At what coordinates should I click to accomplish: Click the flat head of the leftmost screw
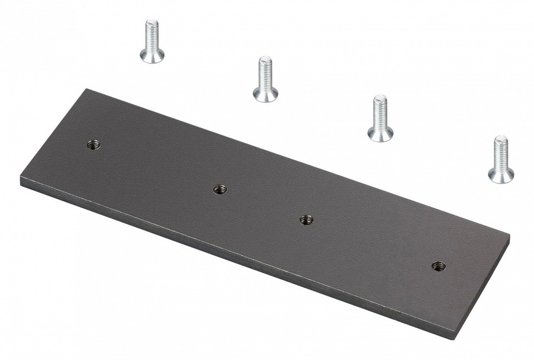coord(152,56)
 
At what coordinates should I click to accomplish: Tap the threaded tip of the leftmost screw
coord(152,24)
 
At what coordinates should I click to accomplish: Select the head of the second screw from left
coord(265,95)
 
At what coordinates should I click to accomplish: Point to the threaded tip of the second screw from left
coord(265,60)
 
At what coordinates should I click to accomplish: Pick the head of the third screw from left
coord(380,134)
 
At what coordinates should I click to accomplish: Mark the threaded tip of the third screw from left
coord(380,99)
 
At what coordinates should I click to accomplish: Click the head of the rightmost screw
coord(501,176)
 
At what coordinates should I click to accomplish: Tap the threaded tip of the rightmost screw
coord(501,139)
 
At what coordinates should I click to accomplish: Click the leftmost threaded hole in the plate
coord(93,145)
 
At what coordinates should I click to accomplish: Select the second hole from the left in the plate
coord(220,190)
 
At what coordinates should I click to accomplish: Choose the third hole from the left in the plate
coord(306,220)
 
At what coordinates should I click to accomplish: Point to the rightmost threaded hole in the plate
coord(438,267)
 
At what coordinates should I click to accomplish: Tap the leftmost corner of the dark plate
coord(22,179)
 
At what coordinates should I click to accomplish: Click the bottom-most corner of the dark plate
coord(457,338)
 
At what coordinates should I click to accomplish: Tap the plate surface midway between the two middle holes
coord(263,205)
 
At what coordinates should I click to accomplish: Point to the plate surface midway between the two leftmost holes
coord(156,167)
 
